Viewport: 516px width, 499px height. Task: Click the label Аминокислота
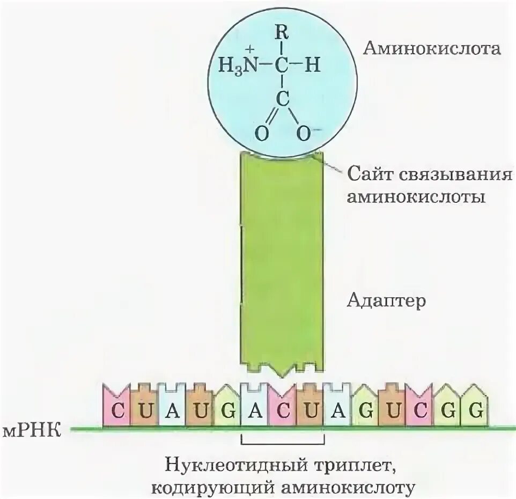point(432,49)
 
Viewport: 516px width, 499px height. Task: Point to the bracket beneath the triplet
point(283,443)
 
